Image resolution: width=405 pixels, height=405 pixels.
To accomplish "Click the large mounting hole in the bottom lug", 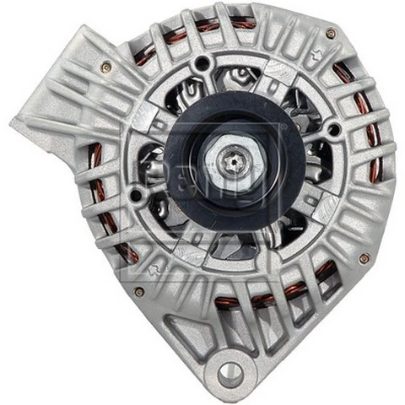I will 229,372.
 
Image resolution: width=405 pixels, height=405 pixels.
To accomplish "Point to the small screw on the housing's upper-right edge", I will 331,33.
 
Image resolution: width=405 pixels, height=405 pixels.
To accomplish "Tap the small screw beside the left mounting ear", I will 105,67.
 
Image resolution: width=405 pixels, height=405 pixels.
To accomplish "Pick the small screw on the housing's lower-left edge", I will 138,292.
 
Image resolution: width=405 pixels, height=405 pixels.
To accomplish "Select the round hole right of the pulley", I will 334,129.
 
